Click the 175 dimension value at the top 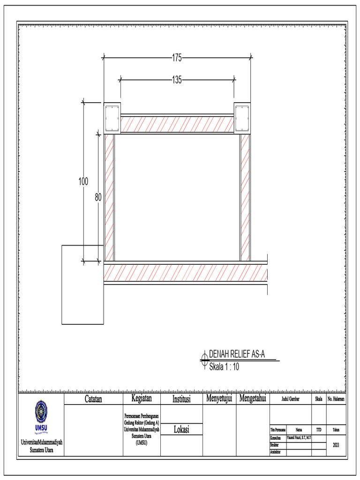[x=177, y=58]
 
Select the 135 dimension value [x=177, y=80]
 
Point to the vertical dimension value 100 [x=83, y=182]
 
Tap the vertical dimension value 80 [x=98, y=198]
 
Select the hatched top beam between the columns [x=177, y=124]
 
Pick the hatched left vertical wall [x=109, y=197]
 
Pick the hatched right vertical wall [x=245, y=197]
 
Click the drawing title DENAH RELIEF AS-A [x=237, y=354]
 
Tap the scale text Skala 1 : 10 [x=224, y=367]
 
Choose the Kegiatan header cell [x=141, y=399]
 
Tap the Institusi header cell [x=181, y=399]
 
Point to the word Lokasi [x=181, y=429]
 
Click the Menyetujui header [x=219, y=399]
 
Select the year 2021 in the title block [x=336, y=445]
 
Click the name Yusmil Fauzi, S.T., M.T [x=299, y=437]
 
